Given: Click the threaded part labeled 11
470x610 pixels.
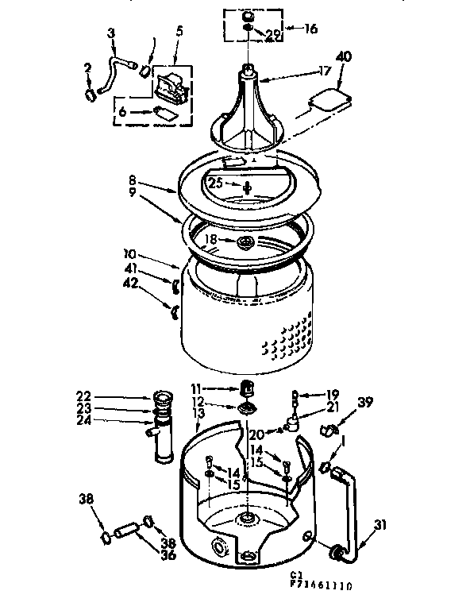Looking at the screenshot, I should (246, 388).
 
